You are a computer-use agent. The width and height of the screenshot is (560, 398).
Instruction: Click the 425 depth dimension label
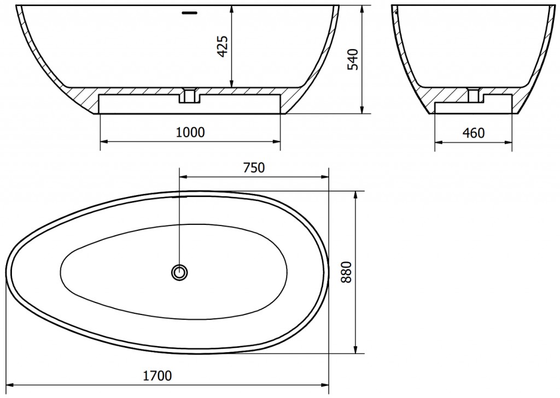[223, 46]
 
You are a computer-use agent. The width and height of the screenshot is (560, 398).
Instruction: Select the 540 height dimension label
[353, 60]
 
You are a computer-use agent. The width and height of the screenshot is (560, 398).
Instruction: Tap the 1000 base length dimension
[191, 132]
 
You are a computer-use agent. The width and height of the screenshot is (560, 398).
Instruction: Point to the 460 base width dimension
[474, 133]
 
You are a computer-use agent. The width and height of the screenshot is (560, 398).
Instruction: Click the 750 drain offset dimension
[254, 168]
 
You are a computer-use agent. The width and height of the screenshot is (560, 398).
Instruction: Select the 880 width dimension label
[346, 272]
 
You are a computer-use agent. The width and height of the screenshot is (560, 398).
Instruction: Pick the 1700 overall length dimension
[157, 376]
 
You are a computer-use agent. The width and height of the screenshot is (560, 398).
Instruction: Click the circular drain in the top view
[179, 273]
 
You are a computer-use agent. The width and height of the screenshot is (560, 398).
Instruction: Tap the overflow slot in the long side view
[189, 13]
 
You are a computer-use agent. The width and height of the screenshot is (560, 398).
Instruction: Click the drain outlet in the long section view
[190, 95]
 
